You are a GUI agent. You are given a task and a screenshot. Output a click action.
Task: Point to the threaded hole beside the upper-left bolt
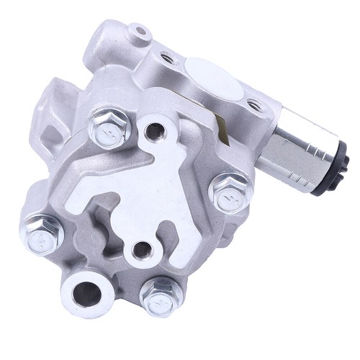152,130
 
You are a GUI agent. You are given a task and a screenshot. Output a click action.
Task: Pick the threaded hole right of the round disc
253,104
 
